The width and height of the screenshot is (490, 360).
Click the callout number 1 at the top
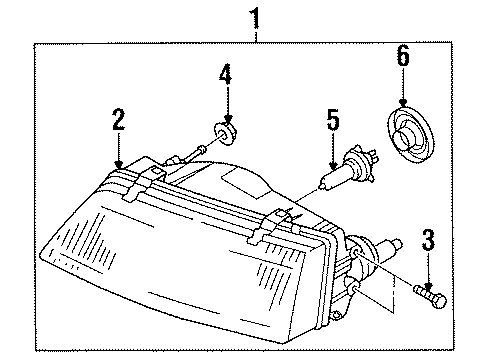255,19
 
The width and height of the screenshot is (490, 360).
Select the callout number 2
118,119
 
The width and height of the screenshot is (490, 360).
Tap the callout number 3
428,239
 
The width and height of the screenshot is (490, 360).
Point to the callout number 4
226,74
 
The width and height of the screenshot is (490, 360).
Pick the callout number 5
333,119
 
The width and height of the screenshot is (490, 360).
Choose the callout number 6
403,55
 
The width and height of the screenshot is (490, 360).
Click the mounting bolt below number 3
430,297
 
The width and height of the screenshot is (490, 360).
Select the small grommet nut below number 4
224,133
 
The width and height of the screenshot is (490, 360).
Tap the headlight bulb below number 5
347,168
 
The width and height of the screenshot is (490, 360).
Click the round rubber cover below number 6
411,134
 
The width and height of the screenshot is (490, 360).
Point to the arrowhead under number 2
118,164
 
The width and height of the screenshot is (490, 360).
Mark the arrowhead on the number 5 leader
333,166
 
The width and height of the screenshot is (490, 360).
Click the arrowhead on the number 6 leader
403,102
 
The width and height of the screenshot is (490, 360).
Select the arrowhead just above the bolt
428,286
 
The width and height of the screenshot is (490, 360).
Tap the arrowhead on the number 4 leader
228,118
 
